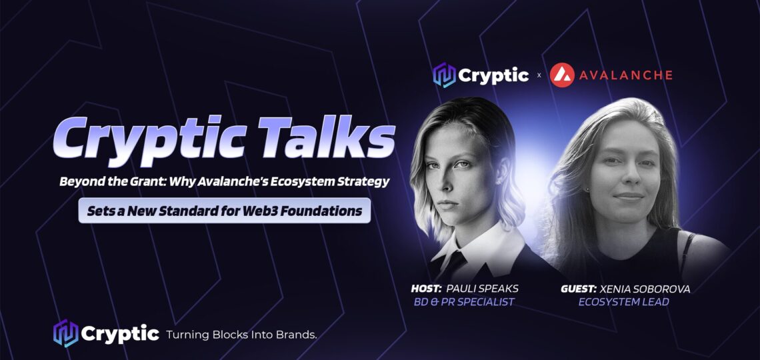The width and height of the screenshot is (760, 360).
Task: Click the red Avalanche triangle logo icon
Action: tap(562, 75)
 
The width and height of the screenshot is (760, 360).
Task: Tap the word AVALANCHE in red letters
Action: tap(626, 75)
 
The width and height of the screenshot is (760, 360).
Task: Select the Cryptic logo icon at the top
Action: tap(445, 75)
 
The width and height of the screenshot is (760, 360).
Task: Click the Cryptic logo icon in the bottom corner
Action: tap(65, 333)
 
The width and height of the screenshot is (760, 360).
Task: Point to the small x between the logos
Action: tap(539, 75)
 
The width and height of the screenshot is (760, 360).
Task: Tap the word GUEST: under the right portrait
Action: tap(579, 289)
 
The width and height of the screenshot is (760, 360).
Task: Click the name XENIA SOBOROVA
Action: tap(645, 289)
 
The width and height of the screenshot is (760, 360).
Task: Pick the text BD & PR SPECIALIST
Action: tap(463, 303)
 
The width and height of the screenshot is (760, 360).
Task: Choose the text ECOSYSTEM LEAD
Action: tap(624, 302)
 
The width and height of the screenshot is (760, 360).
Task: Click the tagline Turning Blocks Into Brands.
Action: tap(241, 334)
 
